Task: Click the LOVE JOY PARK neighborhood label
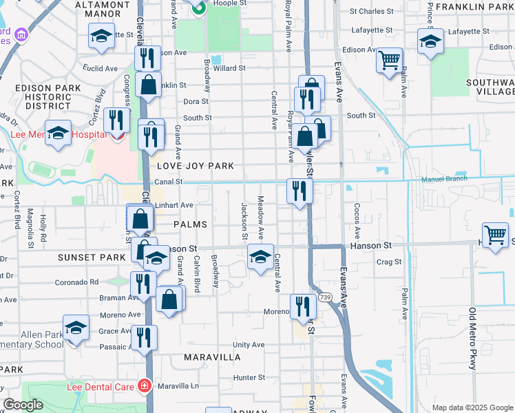(x=196, y=166)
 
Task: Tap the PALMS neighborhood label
(x=190, y=224)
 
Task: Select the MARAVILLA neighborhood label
(x=213, y=357)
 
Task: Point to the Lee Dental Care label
(x=101, y=387)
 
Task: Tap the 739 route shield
(x=325, y=297)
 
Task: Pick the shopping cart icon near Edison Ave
(x=389, y=60)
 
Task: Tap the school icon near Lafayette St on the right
(x=431, y=41)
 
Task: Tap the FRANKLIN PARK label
(x=474, y=7)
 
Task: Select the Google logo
(x=23, y=405)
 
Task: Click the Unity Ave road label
(x=249, y=344)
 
